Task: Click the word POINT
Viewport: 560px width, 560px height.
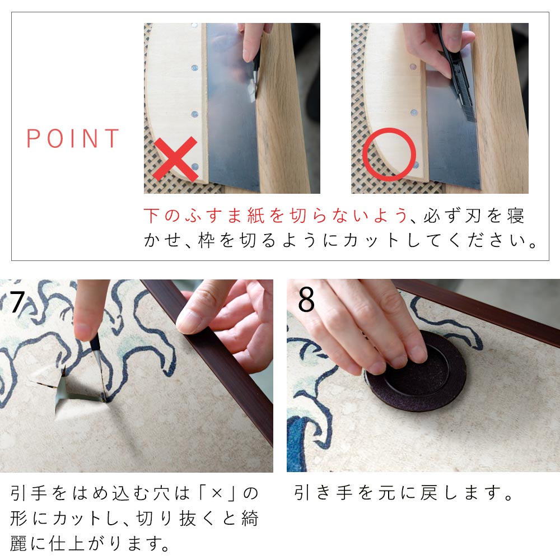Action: point(73,138)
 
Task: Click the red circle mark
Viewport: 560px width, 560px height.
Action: point(389,154)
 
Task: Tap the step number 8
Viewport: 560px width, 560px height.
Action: point(306,301)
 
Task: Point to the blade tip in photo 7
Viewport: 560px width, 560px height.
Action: point(103,398)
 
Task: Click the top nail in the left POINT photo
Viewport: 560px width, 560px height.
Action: point(194,26)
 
